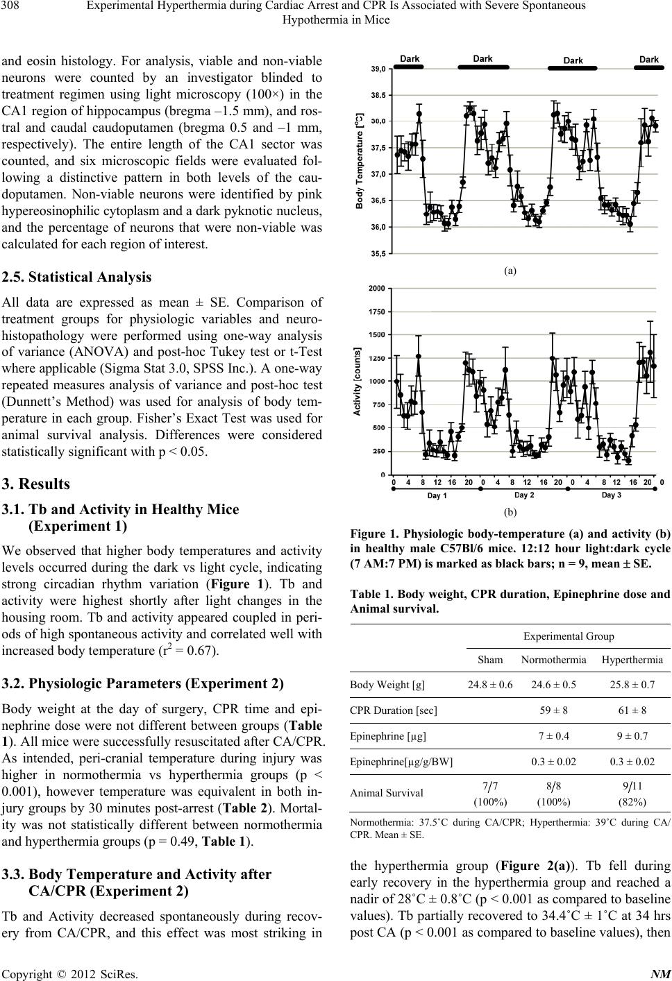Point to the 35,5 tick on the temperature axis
(x=378, y=254)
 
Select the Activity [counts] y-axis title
(x=357, y=381)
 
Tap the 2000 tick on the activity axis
(x=377, y=288)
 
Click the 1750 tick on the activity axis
(x=377, y=312)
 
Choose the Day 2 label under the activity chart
(x=523, y=495)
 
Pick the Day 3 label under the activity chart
(x=611, y=495)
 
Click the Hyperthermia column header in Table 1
(x=632, y=659)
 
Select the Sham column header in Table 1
(x=490, y=659)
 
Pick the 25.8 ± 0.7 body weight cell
(x=632, y=685)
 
